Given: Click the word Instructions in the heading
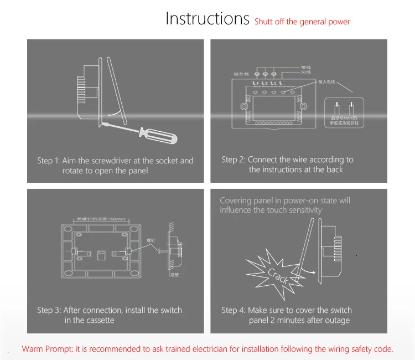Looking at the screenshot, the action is pos(207,19).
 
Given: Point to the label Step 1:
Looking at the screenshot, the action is pos(48,161).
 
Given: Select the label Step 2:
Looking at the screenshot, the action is pos(233,160).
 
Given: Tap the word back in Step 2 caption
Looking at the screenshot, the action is pos(334,169).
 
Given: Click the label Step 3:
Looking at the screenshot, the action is pos(49,310).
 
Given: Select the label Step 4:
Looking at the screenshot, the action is pos(233,310).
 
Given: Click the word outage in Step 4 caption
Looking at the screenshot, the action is pos(337,320).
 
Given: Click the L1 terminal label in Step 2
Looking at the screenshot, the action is pos(273,83).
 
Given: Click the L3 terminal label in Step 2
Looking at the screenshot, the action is pos(255,83).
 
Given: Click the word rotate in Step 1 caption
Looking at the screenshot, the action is pos(74,171).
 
